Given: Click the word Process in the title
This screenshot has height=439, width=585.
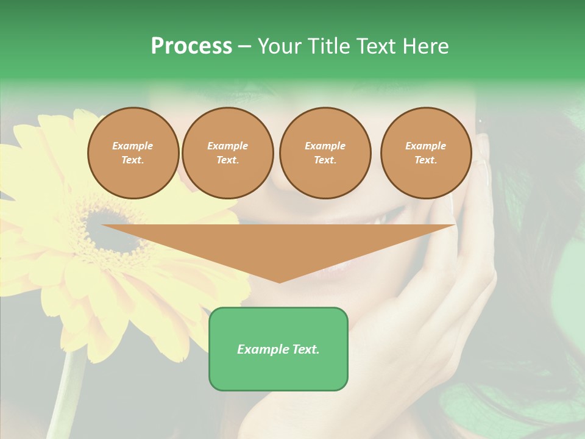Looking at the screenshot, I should (x=191, y=46).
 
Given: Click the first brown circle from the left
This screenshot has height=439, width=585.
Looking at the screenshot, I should (x=133, y=153).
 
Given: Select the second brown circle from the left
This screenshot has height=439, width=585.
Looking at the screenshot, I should (x=228, y=153).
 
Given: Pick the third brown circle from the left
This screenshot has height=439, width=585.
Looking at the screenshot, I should (x=325, y=153).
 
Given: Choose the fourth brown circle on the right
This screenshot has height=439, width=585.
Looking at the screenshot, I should (x=426, y=153).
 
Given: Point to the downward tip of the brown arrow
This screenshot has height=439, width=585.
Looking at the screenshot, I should (x=279, y=280).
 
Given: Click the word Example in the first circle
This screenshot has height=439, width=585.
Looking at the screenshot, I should (x=133, y=146).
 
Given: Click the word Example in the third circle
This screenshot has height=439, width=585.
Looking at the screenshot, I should (x=325, y=146).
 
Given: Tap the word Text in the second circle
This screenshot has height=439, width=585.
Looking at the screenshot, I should (x=227, y=160).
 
